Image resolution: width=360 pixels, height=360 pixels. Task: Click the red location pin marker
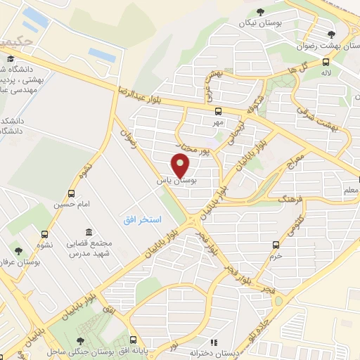click(x=181, y=165)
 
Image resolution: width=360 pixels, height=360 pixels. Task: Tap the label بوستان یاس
click(x=179, y=181)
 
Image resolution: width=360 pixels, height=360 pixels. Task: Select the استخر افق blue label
click(x=136, y=219)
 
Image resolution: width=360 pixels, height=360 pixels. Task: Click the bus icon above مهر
click(x=219, y=111)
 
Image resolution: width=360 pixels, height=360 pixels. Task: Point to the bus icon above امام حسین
click(x=71, y=193)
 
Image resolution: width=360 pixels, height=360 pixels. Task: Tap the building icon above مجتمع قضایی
click(x=89, y=232)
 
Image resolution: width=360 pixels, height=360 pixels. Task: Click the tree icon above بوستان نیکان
click(x=261, y=11)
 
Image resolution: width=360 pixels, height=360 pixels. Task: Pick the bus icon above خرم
click(x=276, y=245)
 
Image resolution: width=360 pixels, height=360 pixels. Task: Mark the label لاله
click(x=326, y=72)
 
